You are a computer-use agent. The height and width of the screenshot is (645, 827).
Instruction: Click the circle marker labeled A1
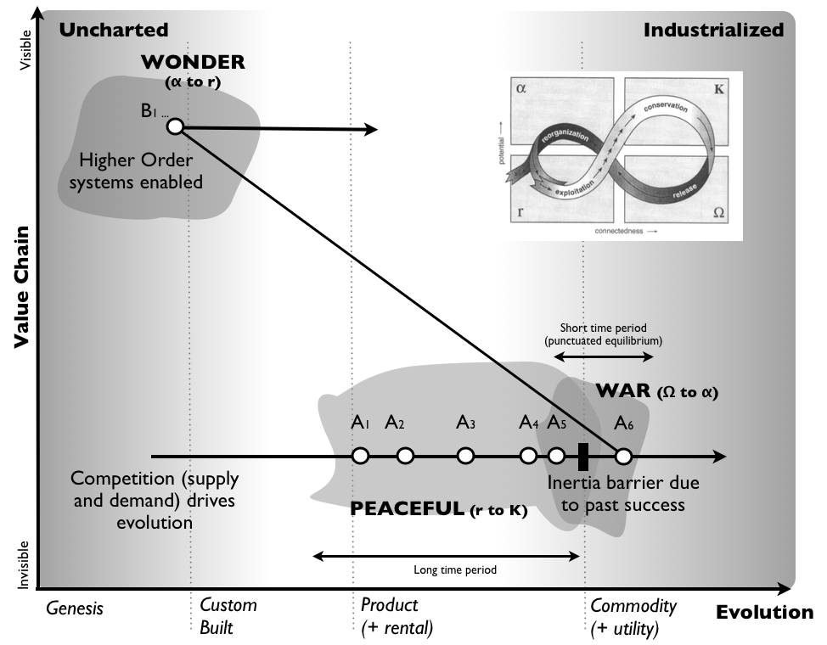pyautogui.click(x=360, y=456)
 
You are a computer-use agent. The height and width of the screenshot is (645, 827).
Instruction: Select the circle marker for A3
pyautogui.click(x=464, y=456)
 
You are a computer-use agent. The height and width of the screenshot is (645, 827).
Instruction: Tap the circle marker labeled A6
pyautogui.click(x=622, y=456)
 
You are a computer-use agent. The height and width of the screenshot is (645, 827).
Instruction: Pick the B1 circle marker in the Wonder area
pyautogui.click(x=175, y=126)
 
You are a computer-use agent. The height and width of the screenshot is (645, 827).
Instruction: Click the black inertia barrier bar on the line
pyautogui.click(x=583, y=456)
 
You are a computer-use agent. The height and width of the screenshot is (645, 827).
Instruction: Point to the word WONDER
pyautogui.click(x=193, y=62)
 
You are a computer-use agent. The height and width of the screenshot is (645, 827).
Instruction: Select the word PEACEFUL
pyautogui.click(x=406, y=510)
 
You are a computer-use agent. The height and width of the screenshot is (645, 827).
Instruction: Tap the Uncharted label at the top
pyautogui.click(x=113, y=30)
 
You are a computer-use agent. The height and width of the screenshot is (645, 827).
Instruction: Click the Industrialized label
pyautogui.click(x=713, y=30)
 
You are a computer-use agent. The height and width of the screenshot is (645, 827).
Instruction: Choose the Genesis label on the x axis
pyautogui.click(x=75, y=609)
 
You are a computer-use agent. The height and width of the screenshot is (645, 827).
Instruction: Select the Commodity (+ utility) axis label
pyautogui.click(x=633, y=617)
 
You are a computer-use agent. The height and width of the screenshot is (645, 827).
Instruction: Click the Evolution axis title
pyautogui.click(x=764, y=612)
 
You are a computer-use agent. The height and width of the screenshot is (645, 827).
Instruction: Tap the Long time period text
pyautogui.click(x=454, y=570)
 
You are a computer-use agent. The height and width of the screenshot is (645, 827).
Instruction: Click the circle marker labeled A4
pyautogui.click(x=528, y=456)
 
